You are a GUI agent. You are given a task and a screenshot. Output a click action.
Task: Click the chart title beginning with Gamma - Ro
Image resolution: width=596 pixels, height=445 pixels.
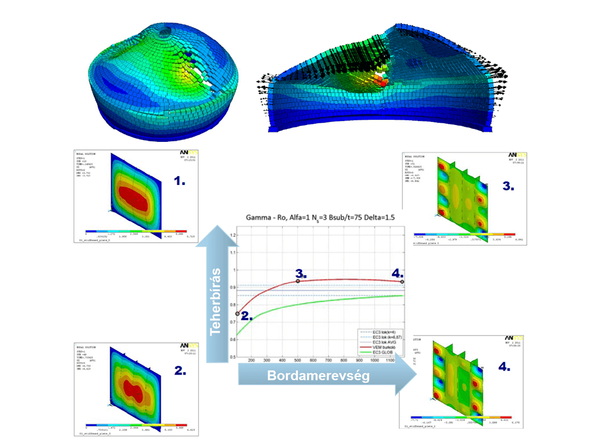[320, 218]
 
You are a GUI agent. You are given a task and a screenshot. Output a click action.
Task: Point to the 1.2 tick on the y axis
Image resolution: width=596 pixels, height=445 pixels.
[231, 235]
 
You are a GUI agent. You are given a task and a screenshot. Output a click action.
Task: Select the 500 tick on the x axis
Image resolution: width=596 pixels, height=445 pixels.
[298, 361]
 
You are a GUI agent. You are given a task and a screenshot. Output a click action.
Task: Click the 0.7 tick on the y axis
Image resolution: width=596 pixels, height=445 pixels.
[231, 322]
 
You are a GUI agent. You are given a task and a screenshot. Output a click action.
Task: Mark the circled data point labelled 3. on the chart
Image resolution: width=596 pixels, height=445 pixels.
[298, 281]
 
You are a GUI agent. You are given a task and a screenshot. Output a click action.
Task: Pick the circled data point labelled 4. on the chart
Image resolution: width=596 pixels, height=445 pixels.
[402, 282]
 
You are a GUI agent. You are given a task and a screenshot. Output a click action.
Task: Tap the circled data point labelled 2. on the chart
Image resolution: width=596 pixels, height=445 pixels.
[237, 313]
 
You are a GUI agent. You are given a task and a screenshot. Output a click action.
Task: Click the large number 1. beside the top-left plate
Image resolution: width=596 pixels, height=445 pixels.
[180, 183]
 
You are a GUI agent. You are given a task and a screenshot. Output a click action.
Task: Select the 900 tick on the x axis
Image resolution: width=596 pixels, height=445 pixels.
[358, 361]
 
